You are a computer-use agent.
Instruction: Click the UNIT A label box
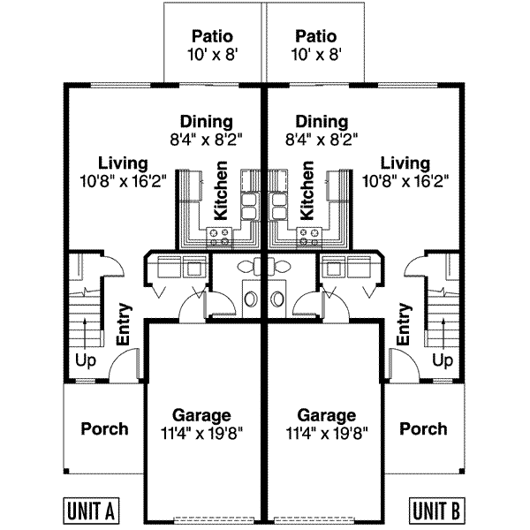[x=92, y=511]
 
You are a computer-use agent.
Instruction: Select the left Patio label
[x=212, y=36]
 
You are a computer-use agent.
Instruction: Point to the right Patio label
[x=315, y=36]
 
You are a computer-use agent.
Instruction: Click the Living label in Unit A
[x=123, y=163]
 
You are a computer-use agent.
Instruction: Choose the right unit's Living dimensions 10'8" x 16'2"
[x=406, y=181]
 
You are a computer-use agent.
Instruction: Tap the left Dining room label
[x=206, y=121]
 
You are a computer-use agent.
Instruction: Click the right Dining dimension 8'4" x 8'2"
[x=323, y=138]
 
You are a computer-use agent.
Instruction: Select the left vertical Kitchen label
[x=221, y=190]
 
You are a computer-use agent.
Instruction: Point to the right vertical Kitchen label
[x=307, y=190]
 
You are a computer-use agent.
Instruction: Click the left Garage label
[x=202, y=415]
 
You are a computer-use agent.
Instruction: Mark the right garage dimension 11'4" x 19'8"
[x=327, y=433]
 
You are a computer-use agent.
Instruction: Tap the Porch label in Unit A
[x=104, y=429]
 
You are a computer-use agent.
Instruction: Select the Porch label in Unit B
[x=423, y=429]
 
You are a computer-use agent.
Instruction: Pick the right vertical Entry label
[x=405, y=325]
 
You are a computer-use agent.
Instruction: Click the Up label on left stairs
[x=85, y=361]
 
